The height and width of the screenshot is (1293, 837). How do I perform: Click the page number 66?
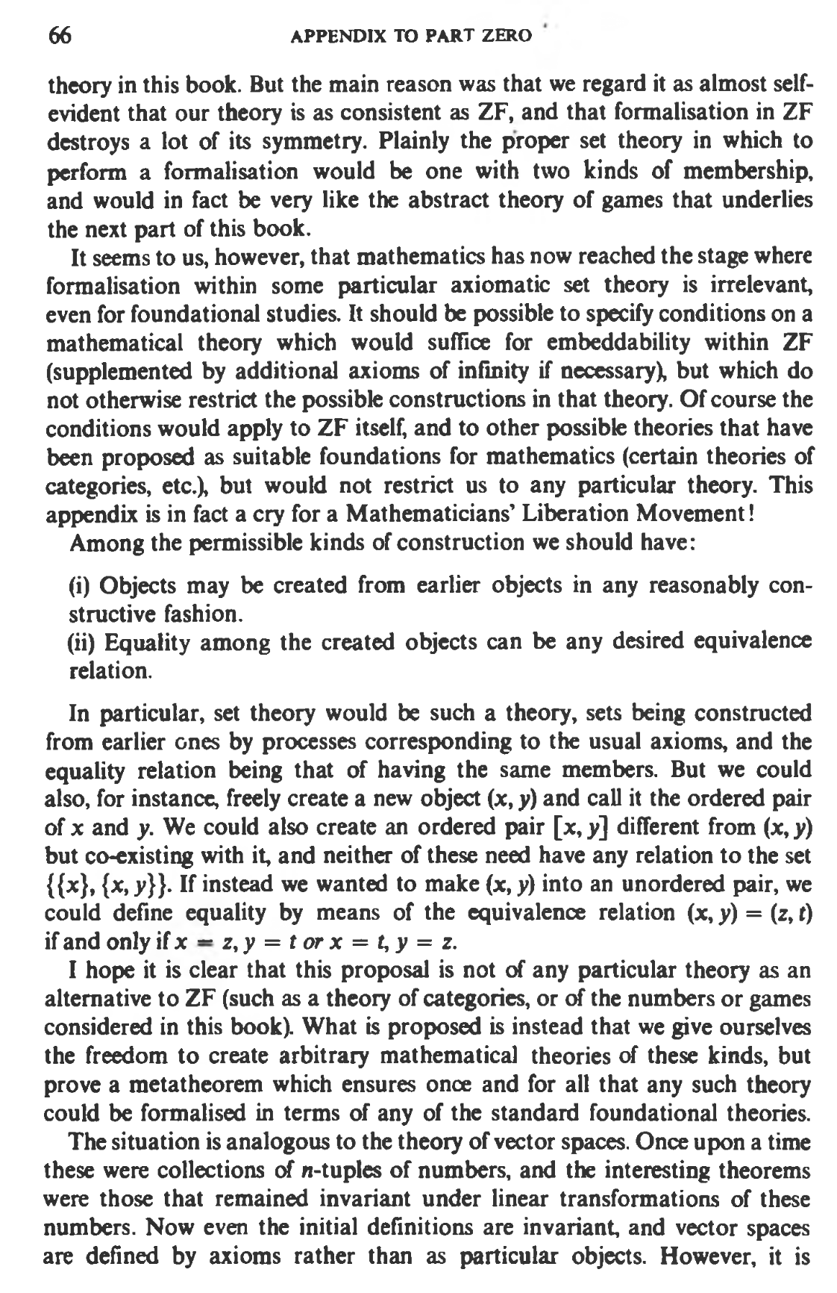tap(60, 35)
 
